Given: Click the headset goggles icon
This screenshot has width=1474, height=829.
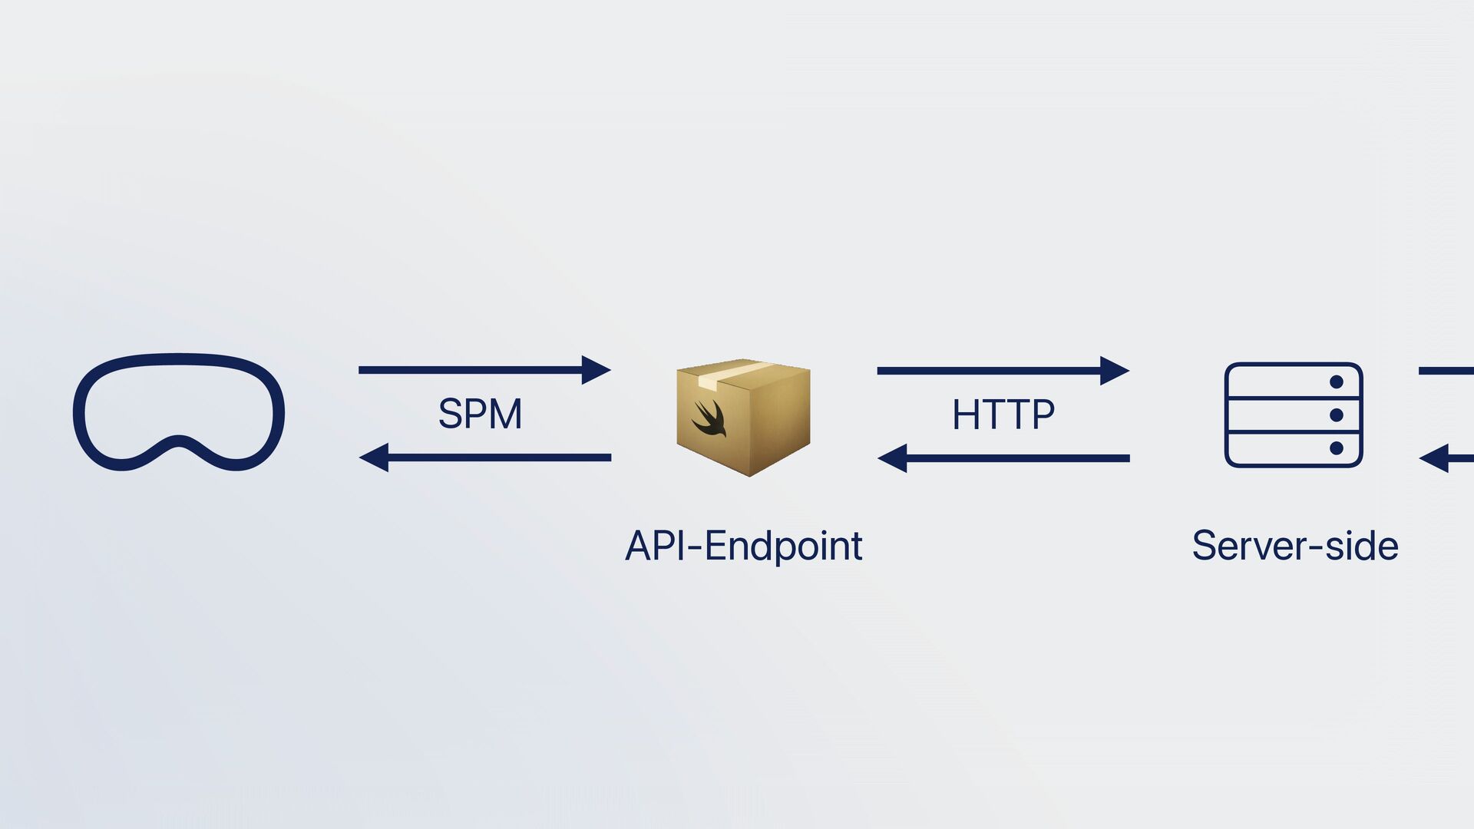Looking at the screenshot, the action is (178, 411).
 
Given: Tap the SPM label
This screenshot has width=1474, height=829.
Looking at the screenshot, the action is (480, 414).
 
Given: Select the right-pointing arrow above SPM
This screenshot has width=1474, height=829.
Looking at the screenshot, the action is (484, 370).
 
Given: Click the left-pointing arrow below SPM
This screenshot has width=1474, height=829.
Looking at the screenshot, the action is (484, 457).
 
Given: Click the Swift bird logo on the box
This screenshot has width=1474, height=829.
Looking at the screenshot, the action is (709, 418).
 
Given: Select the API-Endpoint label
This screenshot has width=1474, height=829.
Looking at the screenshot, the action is (743, 546).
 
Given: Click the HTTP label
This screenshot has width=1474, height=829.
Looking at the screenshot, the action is (1003, 414).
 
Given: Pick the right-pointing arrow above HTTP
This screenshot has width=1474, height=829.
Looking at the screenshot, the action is (1003, 371).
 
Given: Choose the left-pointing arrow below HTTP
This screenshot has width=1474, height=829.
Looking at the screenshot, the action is (1003, 458).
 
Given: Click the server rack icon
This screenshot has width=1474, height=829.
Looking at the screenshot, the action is (1293, 415).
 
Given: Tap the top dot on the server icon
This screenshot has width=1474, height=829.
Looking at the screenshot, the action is (1336, 381).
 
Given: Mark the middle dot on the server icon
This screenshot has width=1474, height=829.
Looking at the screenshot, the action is (1336, 415).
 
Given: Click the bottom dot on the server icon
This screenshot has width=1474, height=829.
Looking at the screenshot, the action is (1336, 448).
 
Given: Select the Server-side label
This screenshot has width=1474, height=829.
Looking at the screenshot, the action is (1294, 546).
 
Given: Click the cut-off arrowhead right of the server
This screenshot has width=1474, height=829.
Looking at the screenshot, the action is (1435, 459).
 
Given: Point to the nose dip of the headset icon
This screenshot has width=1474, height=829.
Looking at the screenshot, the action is (178, 442).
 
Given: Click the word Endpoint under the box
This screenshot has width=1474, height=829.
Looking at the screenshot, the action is (783, 546).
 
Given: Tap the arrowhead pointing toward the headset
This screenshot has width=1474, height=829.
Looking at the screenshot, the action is (374, 457).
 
